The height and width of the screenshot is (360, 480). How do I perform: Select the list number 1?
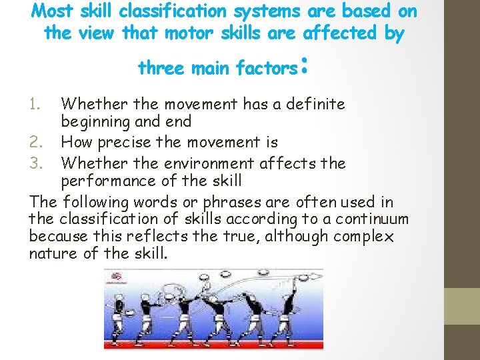pyautogui.click(x=38, y=104)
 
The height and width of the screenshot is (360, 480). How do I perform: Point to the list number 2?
pyautogui.click(x=38, y=142)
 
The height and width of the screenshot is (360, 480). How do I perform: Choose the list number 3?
pyautogui.click(x=38, y=163)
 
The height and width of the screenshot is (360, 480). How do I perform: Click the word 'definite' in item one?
pyautogui.click(x=313, y=104)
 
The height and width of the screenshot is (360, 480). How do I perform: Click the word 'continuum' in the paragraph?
pyautogui.click(x=371, y=219)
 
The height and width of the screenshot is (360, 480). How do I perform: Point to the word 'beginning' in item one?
pyautogui.click(x=93, y=122)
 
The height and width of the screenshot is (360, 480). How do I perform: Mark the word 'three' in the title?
pyautogui.click(x=161, y=68)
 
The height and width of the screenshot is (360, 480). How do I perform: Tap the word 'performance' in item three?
pyautogui.click(x=103, y=181)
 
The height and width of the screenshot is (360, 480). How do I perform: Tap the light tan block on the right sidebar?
pyautogui.click(x=462, y=306)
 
